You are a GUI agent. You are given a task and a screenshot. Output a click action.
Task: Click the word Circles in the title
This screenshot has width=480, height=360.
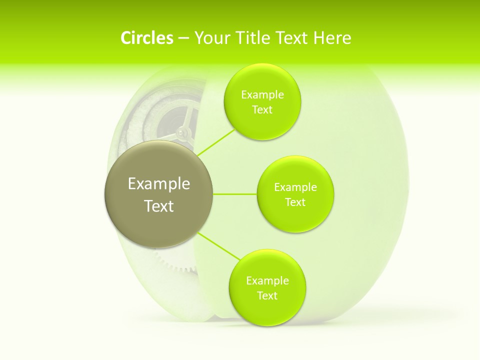pyautogui.click(x=146, y=38)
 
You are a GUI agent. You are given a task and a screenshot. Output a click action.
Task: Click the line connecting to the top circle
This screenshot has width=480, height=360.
pyautogui.click(x=216, y=142)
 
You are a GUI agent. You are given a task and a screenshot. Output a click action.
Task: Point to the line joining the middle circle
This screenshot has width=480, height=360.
pyautogui.click(x=235, y=194)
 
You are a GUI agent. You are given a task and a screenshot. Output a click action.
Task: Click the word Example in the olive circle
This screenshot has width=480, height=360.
pyautogui.click(x=159, y=184)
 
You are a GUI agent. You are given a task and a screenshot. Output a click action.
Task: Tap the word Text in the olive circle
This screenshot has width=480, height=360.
pyautogui.click(x=159, y=206)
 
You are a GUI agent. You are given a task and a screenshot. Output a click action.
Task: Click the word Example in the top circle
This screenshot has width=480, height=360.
pyautogui.click(x=262, y=95)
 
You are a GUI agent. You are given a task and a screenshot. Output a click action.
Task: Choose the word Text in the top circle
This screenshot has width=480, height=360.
pyautogui.click(x=262, y=110)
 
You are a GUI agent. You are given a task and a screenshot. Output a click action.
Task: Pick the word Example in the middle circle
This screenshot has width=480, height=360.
pyautogui.click(x=295, y=187)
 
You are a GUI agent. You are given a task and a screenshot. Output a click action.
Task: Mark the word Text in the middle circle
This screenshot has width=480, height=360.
pyautogui.click(x=295, y=202)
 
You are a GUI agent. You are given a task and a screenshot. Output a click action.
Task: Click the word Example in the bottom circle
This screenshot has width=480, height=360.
pyautogui.click(x=267, y=281)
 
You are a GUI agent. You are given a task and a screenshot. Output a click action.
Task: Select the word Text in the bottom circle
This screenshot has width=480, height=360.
pyautogui.click(x=267, y=296)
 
